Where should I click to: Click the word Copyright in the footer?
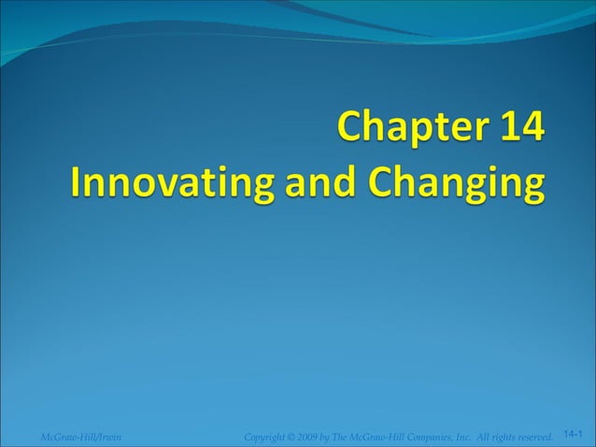pos(263,436)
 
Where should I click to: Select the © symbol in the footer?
pos(293,436)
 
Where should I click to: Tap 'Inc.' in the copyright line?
pos(474,436)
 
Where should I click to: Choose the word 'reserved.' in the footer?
pos(545,436)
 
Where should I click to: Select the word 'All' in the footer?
pos(492,436)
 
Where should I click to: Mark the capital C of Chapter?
pos(352,128)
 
